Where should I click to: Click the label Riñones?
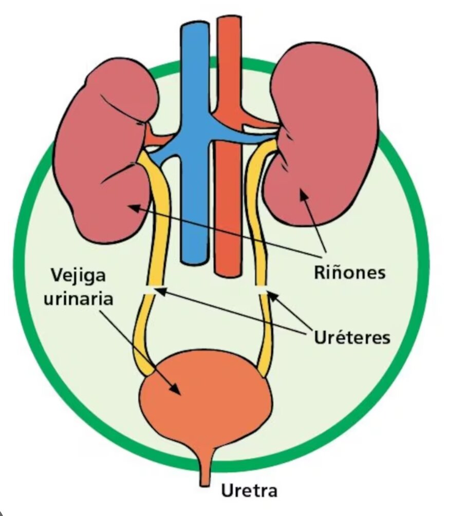pyautogui.click(x=349, y=273)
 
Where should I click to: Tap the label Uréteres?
pyautogui.click(x=352, y=337)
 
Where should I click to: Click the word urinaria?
pyautogui.click(x=79, y=299)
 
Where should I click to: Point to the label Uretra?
pyautogui.click(x=249, y=491)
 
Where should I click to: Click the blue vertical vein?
pyautogui.click(x=195, y=142)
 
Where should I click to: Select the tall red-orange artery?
pyautogui.click(x=228, y=145)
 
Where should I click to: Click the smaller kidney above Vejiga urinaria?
pyautogui.click(x=105, y=151)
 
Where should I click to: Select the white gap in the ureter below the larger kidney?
pyautogui.click(x=261, y=289)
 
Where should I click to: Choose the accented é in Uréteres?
pyautogui.click(x=340, y=337)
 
